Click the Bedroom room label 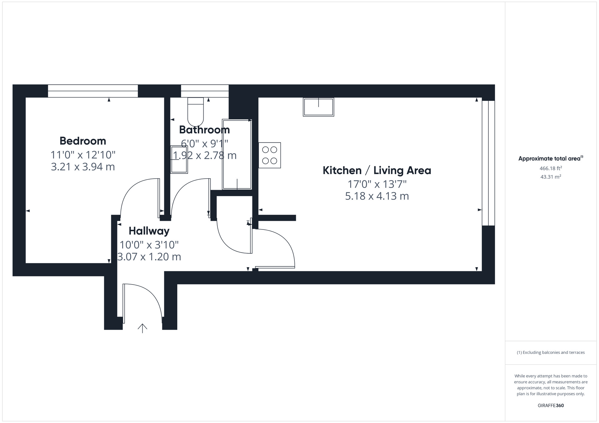tap(83, 141)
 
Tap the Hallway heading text tap(149, 231)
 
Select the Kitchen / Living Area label tap(377, 171)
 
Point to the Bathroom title tap(204, 130)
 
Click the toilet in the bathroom tap(195, 111)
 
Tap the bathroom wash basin tap(179, 159)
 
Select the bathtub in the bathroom tap(237, 154)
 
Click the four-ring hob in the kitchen tap(270, 155)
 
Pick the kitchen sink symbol tap(318, 107)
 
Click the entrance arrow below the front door tap(142, 328)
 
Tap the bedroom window tap(93, 91)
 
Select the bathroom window tap(205, 91)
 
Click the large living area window tap(488, 163)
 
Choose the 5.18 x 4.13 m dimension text tap(377, 196)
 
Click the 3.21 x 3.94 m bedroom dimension tap(83, 167)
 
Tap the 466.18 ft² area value tap(550, 168)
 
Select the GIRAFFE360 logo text tap(550, 406)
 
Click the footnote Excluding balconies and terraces tap(550, 352)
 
